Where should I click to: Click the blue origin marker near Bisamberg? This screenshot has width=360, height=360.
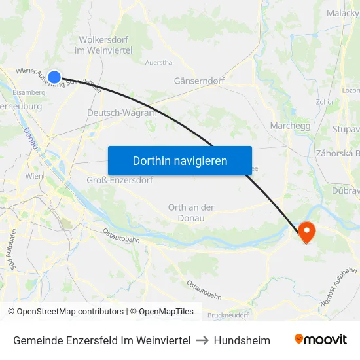point(54,77)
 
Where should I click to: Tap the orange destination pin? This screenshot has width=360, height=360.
point(306,231)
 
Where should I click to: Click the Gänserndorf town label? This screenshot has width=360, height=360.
point(200,81)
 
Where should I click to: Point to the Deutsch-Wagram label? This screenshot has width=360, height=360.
point(122,113)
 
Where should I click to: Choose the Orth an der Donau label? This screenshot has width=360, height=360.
point(191,213)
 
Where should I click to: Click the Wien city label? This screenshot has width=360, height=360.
point(34,176)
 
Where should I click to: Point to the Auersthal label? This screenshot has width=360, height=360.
point(159,63)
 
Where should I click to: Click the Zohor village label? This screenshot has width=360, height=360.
point(325,102)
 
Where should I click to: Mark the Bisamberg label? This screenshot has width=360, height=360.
point(29,92)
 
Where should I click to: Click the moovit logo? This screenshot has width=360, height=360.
point(321,340)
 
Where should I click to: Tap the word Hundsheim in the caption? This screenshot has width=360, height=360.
point(242,340)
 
